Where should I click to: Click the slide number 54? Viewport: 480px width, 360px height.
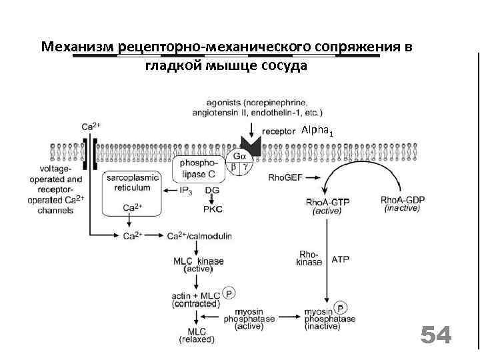436,335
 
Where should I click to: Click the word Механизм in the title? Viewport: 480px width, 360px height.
76,47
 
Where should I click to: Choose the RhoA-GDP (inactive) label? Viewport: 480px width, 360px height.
402,204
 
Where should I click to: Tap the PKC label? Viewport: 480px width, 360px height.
213,209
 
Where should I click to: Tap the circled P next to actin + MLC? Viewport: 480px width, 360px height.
229,293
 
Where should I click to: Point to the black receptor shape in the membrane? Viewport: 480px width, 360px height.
251,145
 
